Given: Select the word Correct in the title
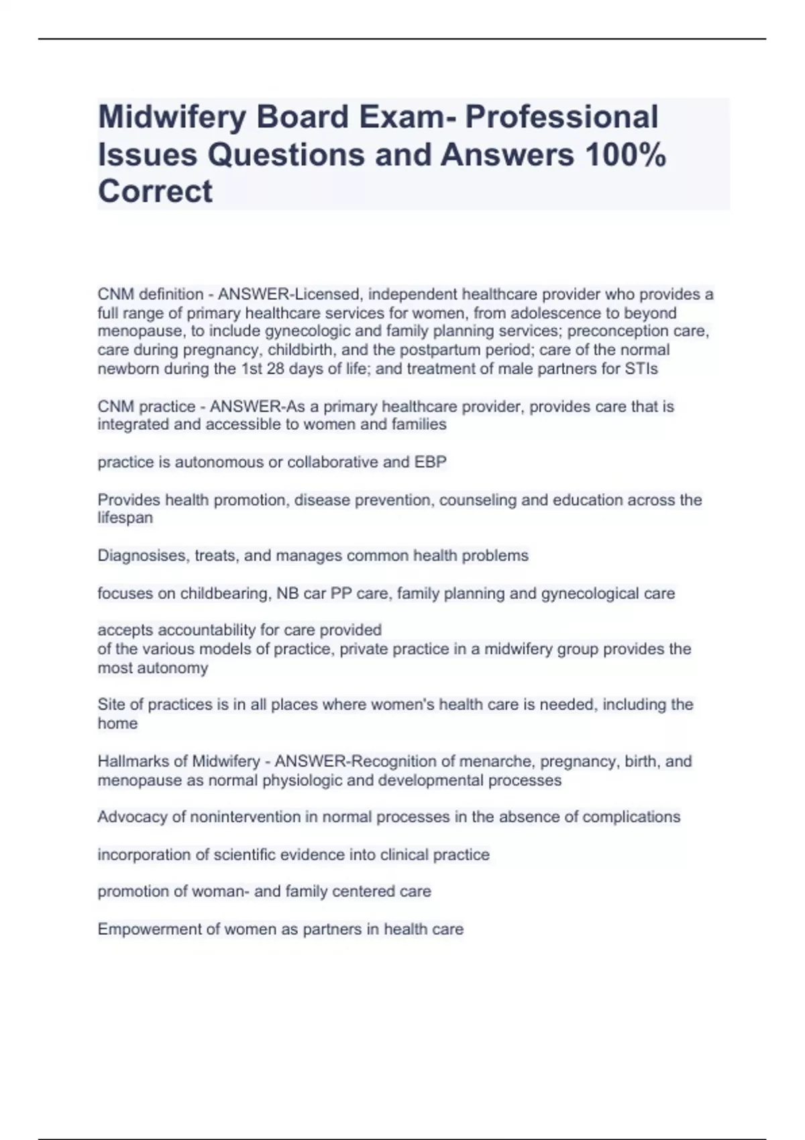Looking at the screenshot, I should (x=155, y=192).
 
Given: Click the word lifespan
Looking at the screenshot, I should (x=125, y=518).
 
